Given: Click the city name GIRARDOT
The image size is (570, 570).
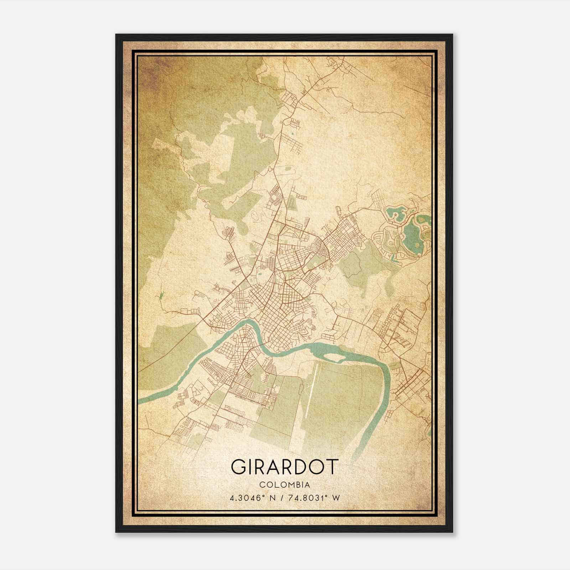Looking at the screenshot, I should coord(284,467).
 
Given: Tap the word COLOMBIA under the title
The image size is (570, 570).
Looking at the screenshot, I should coord(284,485).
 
